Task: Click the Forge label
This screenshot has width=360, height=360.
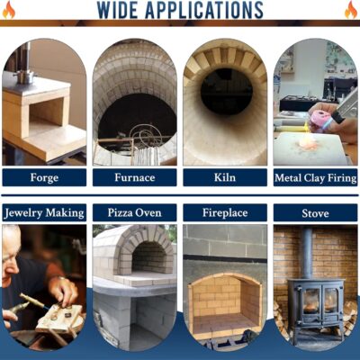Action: (x=44, y=177)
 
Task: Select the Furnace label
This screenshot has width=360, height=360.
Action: (x=135, y=177)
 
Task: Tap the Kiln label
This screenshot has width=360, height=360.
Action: (x=225, y=177)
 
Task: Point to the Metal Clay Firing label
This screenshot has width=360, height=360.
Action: (x=315, y=177)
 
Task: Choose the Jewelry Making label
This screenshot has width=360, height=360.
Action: (x=44, y=213)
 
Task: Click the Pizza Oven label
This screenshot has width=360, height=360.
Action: (x=135, y=213)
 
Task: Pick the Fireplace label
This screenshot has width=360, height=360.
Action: (x=225, y=213)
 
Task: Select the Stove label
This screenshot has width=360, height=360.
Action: (x=315, y=213)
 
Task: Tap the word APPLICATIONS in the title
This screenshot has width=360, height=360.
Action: (x=204, y=10)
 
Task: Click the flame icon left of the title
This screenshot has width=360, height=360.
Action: (x=9, y=10)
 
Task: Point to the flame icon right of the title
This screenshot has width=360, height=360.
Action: (x=351, y=10)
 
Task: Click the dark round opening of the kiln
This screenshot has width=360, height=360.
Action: (x=227, y=92)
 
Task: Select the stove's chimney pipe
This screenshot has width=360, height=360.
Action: (x=307, y=253)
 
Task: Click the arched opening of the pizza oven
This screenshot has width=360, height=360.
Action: (x=148, y=256)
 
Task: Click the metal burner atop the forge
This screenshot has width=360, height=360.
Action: (x=24, y=76)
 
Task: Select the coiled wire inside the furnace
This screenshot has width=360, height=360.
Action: (x=146, y=136)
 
